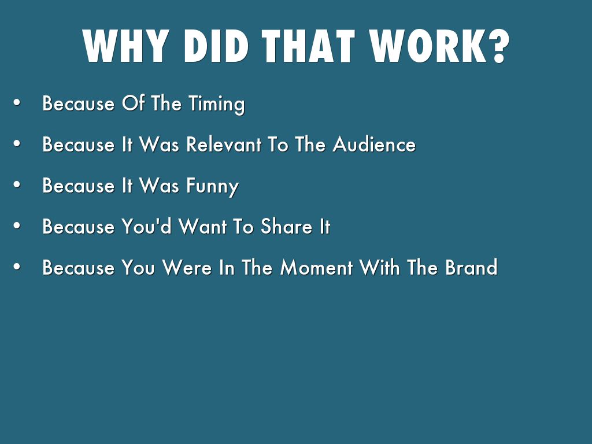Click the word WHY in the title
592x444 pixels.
coord(125,46)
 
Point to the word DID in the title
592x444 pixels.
coord(216,46)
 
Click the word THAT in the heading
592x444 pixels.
coord(308,46)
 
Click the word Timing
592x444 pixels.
coord(217,104)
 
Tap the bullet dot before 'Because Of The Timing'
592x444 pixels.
coord(17,102)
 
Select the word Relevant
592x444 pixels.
coord(224,144)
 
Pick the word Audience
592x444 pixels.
coord(374,144)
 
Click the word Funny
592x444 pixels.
coord(212,186)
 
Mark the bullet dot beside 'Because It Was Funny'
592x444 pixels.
coord(17,184)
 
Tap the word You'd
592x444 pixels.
coord(146,226)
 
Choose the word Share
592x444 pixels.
coord(286,226)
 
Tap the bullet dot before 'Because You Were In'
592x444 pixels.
coord(17,267)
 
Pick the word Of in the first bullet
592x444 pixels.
coord(133,103)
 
